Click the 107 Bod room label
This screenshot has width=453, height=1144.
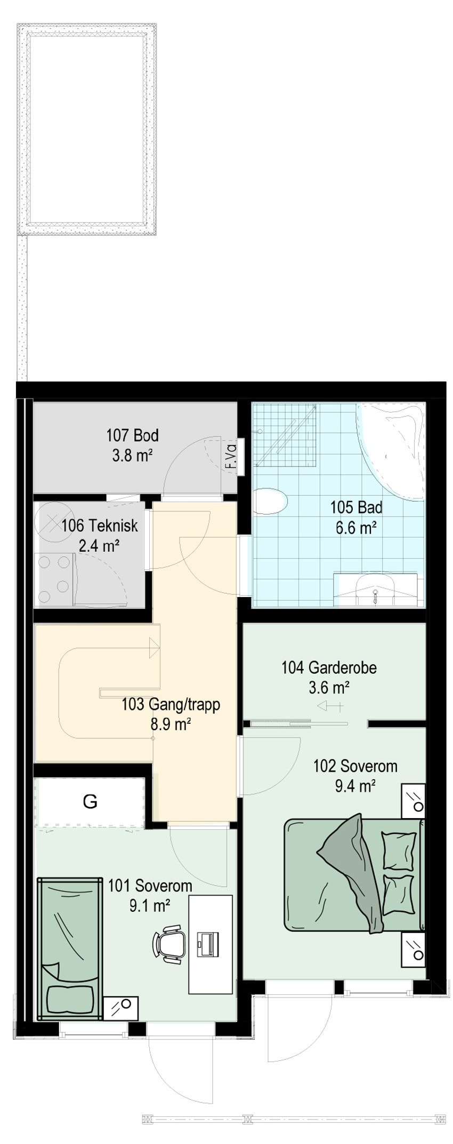point(132,436)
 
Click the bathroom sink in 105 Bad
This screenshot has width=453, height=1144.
point(375,589)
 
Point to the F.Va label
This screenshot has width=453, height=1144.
point(230,456)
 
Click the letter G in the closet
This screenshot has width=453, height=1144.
point(90,801)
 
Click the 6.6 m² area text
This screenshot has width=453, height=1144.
point(356,528)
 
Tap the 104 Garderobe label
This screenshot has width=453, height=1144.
point(329,667)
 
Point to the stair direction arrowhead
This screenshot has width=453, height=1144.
point(155,647)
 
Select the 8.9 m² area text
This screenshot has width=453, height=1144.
point(171,724)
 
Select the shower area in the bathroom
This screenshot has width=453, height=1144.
point(286,434)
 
